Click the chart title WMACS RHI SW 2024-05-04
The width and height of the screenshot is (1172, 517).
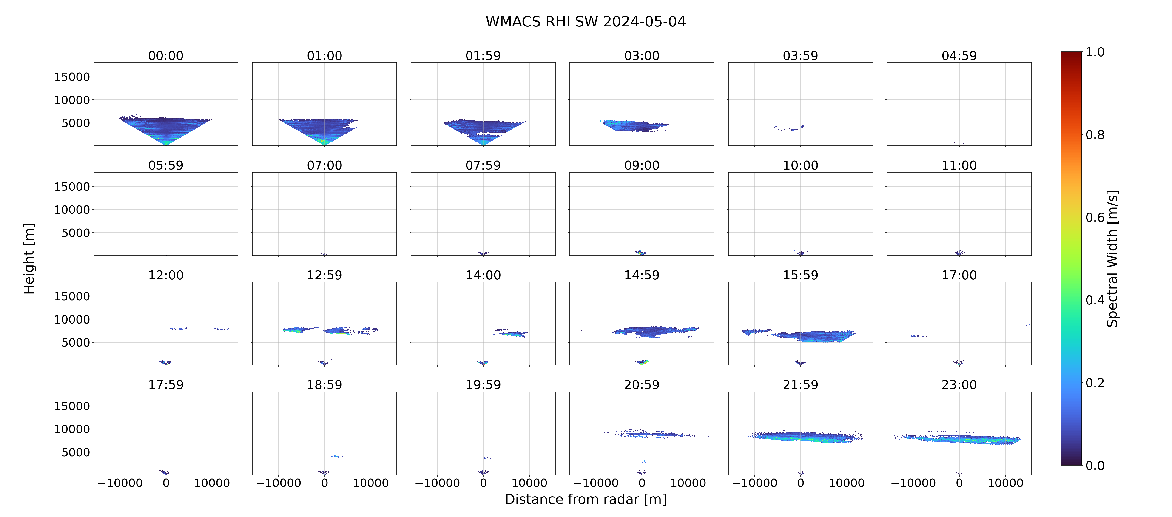pos(586,21)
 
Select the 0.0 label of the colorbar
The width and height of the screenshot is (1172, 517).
pos(1095,466)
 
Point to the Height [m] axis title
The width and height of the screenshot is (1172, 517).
pos(29,258)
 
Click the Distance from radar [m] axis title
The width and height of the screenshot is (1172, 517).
pos(586,499)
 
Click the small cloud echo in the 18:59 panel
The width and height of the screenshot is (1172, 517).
pos(339,456)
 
